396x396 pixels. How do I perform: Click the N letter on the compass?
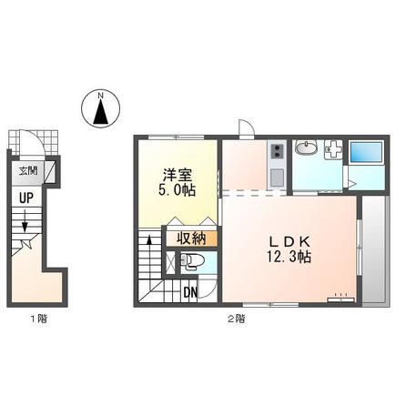click(x=100, y=96)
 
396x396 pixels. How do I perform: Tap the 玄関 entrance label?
click(x=28, y=171)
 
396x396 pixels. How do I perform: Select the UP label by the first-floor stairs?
click(x=26, y=198)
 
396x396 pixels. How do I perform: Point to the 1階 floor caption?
click(x=39, y=319)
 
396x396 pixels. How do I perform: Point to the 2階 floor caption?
click(x=237, y=319)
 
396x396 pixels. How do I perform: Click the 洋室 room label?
click(x=178, y=175)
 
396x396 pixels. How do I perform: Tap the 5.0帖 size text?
click(x=177, y=190)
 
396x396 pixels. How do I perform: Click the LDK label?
click(x=289, y=242)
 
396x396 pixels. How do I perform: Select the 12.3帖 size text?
click(x=289, y=257)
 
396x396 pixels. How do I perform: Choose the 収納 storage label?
click(x=191, y=239)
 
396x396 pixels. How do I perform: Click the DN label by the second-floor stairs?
click(x=190, y=292)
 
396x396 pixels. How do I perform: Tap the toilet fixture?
click(x=189, y=261)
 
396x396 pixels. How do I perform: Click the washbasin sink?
click(x=307, y=148)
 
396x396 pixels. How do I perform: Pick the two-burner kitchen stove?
click(x=278, y=151)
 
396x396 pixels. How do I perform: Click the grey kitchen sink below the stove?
click(x=277, y=178)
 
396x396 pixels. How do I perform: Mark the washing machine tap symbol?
click(x=333, y=149)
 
